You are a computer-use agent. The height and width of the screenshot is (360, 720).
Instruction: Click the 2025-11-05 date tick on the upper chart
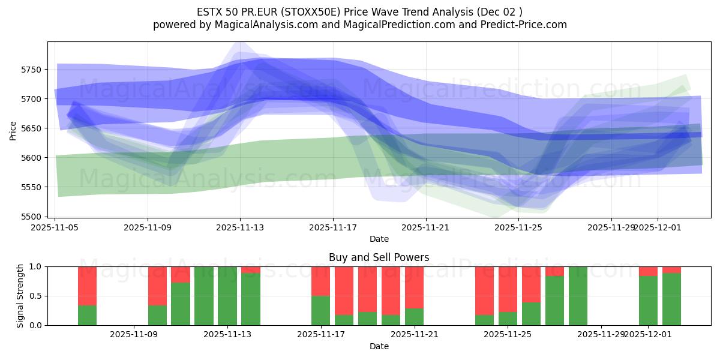tap(55, 227)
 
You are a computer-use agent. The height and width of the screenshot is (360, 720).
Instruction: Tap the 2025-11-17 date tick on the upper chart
tap(333, 227)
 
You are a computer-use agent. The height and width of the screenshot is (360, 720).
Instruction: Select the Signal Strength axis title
tap(20, 296)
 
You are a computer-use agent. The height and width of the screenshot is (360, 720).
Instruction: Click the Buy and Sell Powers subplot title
tap(379, 257)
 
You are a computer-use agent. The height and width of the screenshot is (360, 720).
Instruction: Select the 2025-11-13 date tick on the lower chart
tap(227, 335)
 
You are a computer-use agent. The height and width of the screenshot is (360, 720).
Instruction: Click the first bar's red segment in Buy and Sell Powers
tap(87, 286)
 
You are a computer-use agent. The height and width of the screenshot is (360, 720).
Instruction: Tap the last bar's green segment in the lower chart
tap(671, 299)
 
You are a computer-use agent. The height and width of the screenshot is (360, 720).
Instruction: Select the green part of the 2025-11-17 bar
tap(321, 310)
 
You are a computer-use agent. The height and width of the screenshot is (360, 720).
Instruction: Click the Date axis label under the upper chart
tap(379, 239)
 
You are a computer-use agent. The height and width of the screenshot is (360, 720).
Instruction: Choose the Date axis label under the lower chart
tap(379, 346)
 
